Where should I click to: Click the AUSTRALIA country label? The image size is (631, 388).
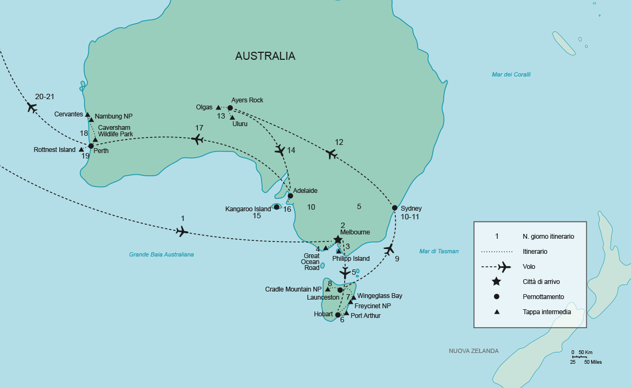point(265,56)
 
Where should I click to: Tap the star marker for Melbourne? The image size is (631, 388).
point(338,239)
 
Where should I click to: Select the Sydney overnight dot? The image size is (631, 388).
point(395,208)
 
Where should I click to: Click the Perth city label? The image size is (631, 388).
point(101,151)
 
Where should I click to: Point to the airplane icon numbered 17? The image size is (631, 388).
point(198,140)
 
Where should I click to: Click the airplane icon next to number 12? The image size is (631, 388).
point(332,154)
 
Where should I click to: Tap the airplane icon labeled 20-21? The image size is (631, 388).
point(31,107)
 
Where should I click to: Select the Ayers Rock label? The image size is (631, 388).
point(247,100)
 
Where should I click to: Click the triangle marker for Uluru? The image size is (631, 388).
point(232,117)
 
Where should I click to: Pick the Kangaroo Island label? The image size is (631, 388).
point(248,209)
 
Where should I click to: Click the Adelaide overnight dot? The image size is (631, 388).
point(290,196)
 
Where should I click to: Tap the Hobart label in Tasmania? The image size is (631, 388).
point(323,314)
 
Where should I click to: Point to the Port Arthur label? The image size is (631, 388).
point(365,316)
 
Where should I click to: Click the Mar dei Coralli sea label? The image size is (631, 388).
point(511,74)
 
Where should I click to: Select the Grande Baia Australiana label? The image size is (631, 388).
point(161,254)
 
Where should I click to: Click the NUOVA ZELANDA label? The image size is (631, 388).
point(474,351)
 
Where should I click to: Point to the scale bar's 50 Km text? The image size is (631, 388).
point(585,352)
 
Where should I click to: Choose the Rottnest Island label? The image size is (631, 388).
point(54,150)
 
